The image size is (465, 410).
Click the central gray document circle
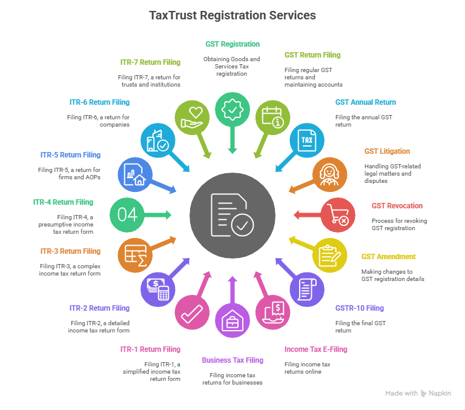point(232,215)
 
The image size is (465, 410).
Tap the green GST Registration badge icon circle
point(232,110)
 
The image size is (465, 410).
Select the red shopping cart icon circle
point(338,215)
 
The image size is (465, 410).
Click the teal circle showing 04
point(127,214)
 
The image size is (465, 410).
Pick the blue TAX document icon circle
point(306,140)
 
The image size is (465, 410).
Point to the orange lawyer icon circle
point(330,175)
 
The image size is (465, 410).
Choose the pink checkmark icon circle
point(192,312)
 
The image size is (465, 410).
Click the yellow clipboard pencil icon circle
point(329,255)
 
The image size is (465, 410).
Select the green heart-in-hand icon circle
point(192,116)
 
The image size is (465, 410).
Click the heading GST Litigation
point(387,151)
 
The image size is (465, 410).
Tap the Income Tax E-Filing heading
point(315,349)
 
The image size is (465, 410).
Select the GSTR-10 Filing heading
point(359,308)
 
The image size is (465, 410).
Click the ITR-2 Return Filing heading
point(99,308)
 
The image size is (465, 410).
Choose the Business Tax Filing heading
point(232,360)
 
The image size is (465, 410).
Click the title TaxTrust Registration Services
point(232,15)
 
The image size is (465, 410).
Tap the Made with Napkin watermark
point(418,394)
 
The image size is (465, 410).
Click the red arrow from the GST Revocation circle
point(304,214)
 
